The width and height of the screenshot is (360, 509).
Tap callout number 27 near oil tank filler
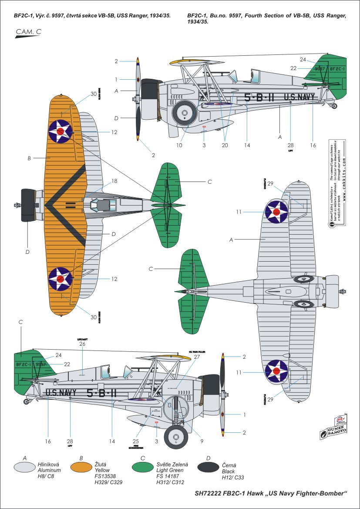point(197,356)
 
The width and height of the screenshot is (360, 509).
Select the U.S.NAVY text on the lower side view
point(61,393)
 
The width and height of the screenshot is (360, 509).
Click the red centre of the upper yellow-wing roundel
point(61,131)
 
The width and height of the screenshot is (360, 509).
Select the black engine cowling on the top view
point(28,205)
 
